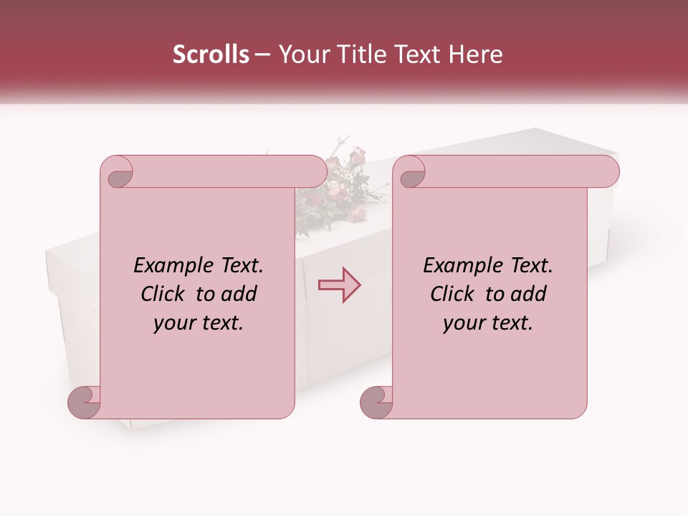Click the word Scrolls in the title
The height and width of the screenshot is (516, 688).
(x=211, y=54)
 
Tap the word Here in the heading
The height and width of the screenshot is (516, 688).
(x=477, y=54)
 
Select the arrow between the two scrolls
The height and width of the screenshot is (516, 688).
(x=339, y=285)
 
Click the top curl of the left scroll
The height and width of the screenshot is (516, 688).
(x=116, y=172)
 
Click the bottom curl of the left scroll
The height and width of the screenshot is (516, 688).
(x=85, y=402)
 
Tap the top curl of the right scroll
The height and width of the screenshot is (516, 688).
(x=411, y=172)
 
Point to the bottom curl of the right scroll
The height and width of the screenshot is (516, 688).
(x=376, y=402)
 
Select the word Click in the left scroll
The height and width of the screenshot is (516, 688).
(x=163, y=294)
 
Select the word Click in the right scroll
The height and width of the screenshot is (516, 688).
(x=453, y=294)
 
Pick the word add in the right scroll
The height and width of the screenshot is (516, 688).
(x=530, y=294)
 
